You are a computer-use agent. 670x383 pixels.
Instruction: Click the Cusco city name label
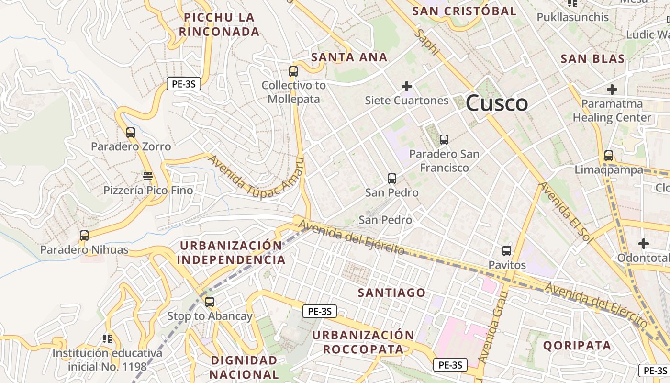click(x=496, y=103)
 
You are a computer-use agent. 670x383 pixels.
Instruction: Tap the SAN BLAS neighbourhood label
click(x=592, y=59)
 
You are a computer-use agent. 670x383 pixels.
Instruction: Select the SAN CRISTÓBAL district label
click(x=464, y=11)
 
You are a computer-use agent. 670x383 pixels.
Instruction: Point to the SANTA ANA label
click(x=349, y=57)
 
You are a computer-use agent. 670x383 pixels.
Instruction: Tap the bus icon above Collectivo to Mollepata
click(x=293, y=71)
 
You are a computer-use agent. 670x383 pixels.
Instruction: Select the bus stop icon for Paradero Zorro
click(x=131, y=132)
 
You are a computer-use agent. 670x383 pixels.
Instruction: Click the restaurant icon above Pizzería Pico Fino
click(x=148, y=176)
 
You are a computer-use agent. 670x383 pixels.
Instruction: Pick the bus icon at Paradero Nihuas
click(x=84, y=235)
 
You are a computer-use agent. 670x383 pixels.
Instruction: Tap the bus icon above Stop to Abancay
click(x=210, y=302)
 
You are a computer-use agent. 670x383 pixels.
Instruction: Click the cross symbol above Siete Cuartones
click(x=407, y=86)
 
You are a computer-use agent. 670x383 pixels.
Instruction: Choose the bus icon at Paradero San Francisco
click(x=444, y=140)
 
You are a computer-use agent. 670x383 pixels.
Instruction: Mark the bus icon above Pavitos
click(x=507, y=250)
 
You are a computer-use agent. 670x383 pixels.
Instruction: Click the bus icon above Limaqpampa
click(x=609, y=156)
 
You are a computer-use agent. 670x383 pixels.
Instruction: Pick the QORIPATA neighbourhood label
click(x=577, y=346)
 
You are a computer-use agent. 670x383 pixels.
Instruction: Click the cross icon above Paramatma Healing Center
click(x=612, y=90)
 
